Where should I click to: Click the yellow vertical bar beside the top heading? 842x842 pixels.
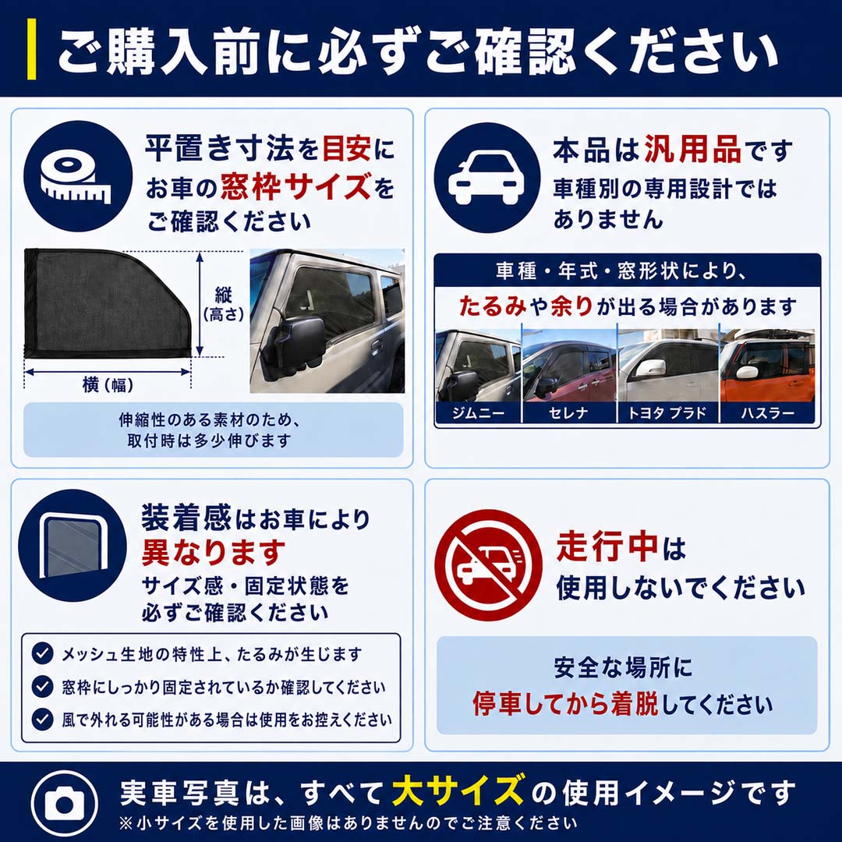pyautogui.click(x=32, y=49)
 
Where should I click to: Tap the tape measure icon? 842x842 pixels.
pyautogui.click(x=77, y=175)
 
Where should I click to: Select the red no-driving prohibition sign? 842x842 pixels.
pyautogui.click(x=488, y=565)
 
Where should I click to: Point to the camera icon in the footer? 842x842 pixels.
pyautogui.click(x=65, y=803)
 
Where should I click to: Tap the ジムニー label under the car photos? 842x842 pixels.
pyautogui.click(x=478, y=413)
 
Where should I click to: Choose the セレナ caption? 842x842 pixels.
pyautogui.click(x=568, y=413)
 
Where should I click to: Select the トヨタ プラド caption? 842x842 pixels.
pyautogui.click(x=667, y=413)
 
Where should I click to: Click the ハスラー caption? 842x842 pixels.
pyautogui.click(x=767, y=413)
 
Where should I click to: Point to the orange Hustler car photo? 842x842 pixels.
pyautogui.click(x=767, y=366)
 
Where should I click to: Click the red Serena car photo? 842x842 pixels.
pyautogui.click(x=569, y=366)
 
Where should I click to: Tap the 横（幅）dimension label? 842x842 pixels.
pyautogui.click(x=108, y=384)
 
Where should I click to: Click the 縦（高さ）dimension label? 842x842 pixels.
pyautogui.click(x=223, y=304)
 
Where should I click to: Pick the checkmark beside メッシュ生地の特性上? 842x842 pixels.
pyautogui.click(x=42, y=653)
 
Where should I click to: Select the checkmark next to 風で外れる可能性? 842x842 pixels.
pyautogui.click(x=42, y=719)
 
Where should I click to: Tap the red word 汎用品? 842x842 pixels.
pyautogui.click(x=693, y=149)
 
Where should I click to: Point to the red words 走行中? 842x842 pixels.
pyautogui.click(x=607, y=546)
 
